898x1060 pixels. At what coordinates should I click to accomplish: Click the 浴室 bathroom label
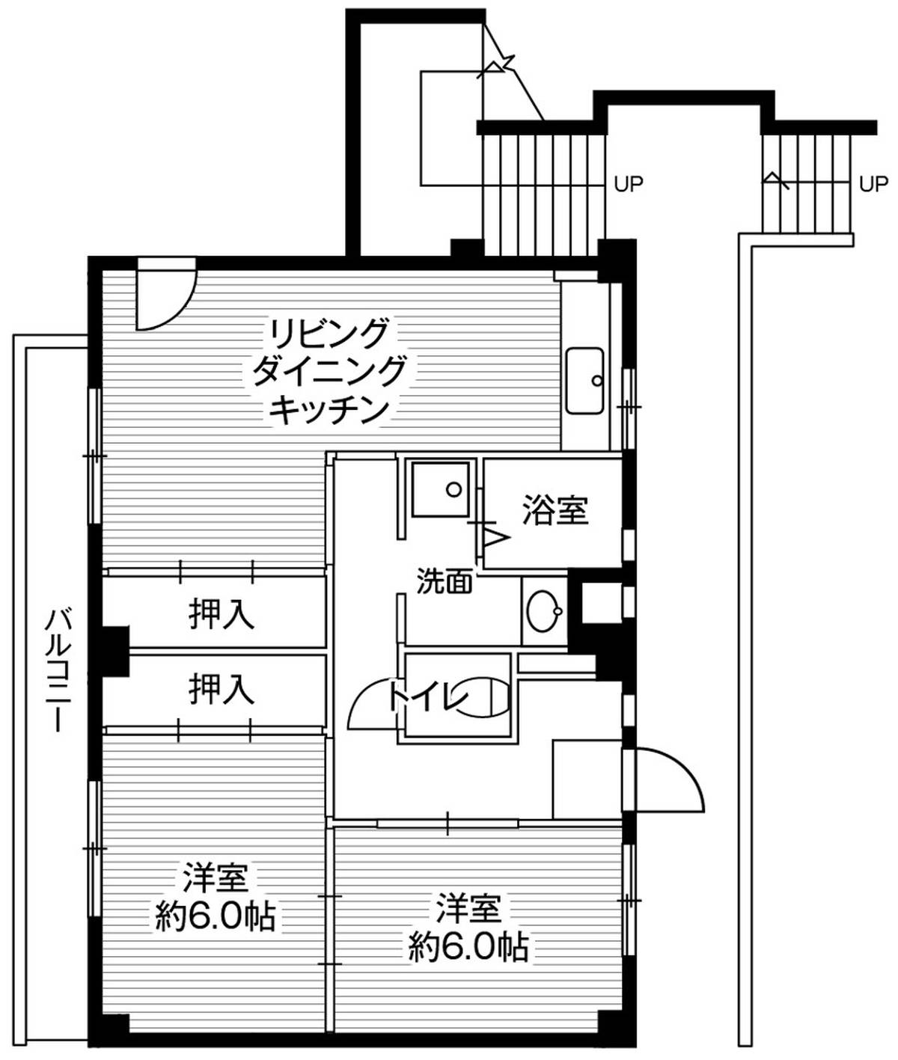point(555,510)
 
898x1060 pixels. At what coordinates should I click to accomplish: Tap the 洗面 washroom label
point(444,580)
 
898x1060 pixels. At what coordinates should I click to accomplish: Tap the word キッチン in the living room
point(329,411)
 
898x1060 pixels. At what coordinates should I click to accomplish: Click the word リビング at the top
point(329,332)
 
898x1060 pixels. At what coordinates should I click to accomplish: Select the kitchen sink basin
point(584,381)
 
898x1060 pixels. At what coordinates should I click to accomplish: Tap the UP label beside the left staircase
point(628,184)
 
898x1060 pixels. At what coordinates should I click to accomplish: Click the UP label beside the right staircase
point(873,184)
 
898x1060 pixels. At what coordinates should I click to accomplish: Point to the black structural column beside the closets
point(114,652)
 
